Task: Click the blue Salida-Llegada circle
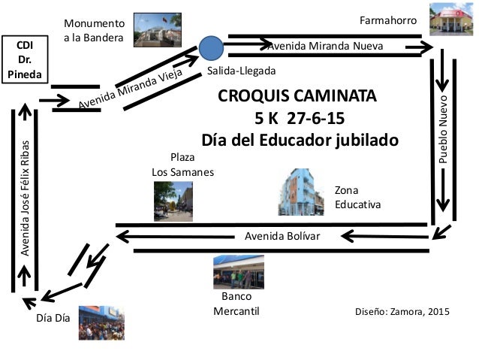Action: (x=212, y=48)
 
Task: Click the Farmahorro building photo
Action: (x=452, y=20)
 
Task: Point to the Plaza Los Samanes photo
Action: (x=173, y=201)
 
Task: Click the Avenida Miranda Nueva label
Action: (x=326, y=47)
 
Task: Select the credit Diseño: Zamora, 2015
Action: (x=401, y=311)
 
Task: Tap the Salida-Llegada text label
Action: (x=242, y=71)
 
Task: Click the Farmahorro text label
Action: (x=388, y=20)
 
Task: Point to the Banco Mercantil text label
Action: (x=236, y=304)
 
